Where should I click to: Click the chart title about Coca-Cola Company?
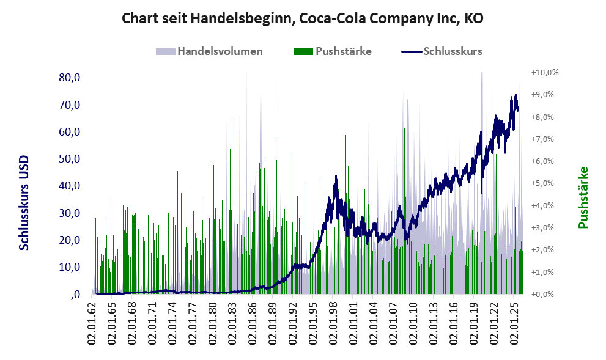tap(303, 18)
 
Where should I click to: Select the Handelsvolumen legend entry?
tap(209, 51)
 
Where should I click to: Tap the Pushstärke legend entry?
tap(333, 51)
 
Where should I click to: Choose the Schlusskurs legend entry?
tap(442, 51)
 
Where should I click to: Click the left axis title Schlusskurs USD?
tap(24, 203)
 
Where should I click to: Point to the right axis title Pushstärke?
tap(583, 197)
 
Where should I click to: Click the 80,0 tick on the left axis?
tap(70, 78)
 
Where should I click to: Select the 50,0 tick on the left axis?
tap(70, 159)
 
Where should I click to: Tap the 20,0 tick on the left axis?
tap(70, 240)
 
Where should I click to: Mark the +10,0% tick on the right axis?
tap(545, 72)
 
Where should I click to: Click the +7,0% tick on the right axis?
tap(542, 139)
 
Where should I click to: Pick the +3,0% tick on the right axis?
tap(542, 227)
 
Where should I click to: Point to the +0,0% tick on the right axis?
tap(542, 295)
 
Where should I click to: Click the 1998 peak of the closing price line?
tap(336, 176)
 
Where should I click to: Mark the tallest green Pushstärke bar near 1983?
tap(232, 207)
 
